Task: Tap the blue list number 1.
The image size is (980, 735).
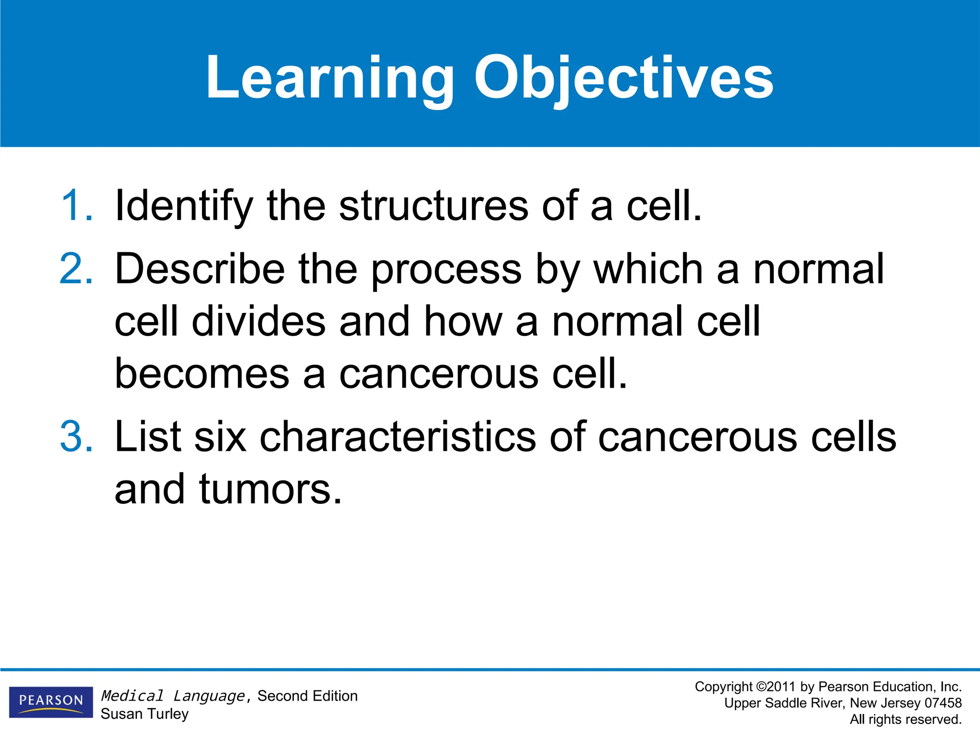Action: [77, 206]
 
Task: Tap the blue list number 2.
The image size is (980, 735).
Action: [77, 269]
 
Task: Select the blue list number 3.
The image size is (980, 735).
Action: [77, 436]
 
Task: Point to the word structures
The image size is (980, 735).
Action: [434, 206]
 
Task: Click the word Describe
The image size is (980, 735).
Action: [200, 269]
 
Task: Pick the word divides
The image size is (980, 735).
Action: [259, 322]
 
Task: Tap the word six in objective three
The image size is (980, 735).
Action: [220, 436]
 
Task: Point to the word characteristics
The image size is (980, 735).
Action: [398, 436]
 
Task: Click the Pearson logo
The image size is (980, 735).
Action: [51, 702]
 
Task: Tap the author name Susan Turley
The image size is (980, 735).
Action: [145, 714]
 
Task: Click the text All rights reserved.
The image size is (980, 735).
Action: [905, 719]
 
